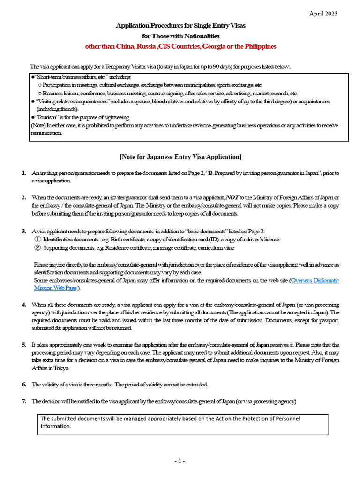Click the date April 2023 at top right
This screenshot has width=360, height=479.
coord(324,13)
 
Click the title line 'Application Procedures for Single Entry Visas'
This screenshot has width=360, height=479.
coord(180,25)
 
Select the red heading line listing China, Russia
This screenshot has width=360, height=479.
coord(180,46)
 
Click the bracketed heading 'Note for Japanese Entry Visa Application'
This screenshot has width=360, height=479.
coord(180,156)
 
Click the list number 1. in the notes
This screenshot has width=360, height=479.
coord(24,173)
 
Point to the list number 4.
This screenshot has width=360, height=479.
coord(24,305)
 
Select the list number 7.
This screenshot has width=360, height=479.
coord(24,401)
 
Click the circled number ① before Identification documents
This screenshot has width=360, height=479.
coord(37,239)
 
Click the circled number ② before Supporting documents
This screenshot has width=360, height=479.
coord(37,247)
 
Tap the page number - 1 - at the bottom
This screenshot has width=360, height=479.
coord(180,461)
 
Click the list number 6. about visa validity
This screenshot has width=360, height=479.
coord(24,385)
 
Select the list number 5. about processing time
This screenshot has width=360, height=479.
coord(24,345)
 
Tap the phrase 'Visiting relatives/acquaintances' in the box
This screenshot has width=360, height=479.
coord(75,101)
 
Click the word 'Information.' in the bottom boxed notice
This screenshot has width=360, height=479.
coord(56,426)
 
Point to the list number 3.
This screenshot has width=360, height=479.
coord(24,231)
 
